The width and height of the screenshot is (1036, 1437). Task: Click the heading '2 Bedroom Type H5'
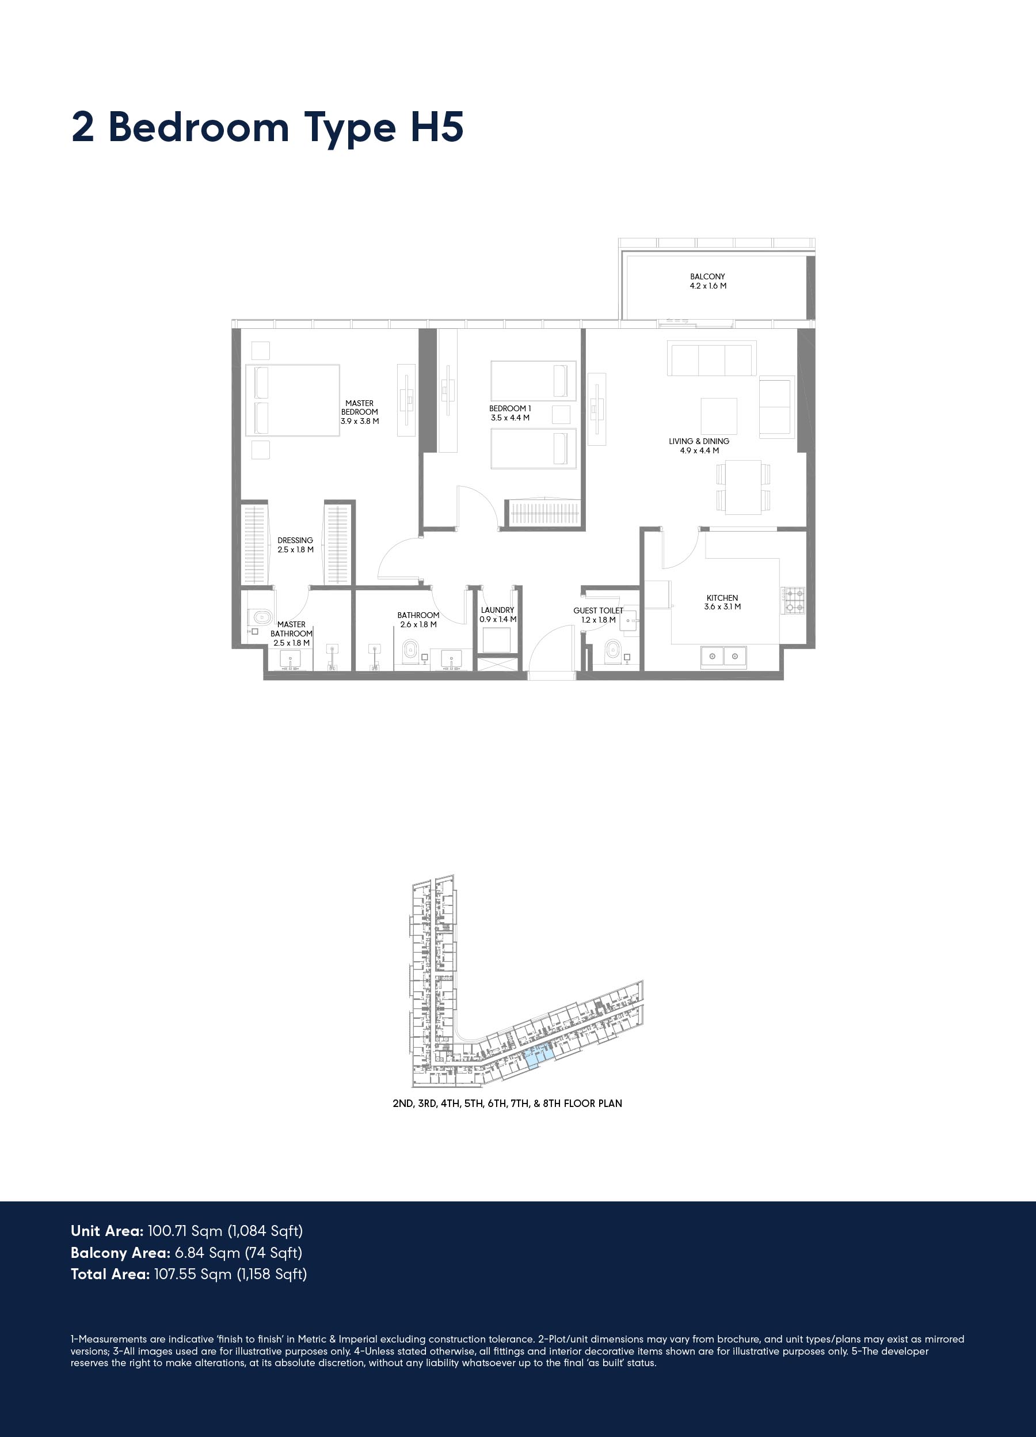[267, 128]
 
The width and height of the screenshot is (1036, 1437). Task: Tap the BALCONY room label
[707, 276]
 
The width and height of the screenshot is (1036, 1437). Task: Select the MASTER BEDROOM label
[360, 407]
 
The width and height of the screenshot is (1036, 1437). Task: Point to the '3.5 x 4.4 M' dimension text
[510, 418]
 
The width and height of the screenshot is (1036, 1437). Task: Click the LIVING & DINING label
[699, 441]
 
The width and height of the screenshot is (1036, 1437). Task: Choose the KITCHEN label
[722, 597]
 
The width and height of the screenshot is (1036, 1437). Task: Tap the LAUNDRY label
[498, 610]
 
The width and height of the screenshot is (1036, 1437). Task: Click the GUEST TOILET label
[599, 611]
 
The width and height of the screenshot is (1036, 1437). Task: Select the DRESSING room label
[295, 540]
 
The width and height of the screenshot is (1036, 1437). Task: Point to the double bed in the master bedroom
[292, 400]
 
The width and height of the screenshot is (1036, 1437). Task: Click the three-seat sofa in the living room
[712, 359]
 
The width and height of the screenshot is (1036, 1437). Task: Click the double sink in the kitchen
[723, 657]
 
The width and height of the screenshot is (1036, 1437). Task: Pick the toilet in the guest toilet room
[612, 650]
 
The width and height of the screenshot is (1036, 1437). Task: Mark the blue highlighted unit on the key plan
[538, 1057]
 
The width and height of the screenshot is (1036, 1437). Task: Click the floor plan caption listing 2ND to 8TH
[507, 1103]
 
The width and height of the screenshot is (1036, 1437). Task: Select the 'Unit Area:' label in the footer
[107, 1231]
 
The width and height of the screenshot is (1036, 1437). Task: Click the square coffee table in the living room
[719, 416]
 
